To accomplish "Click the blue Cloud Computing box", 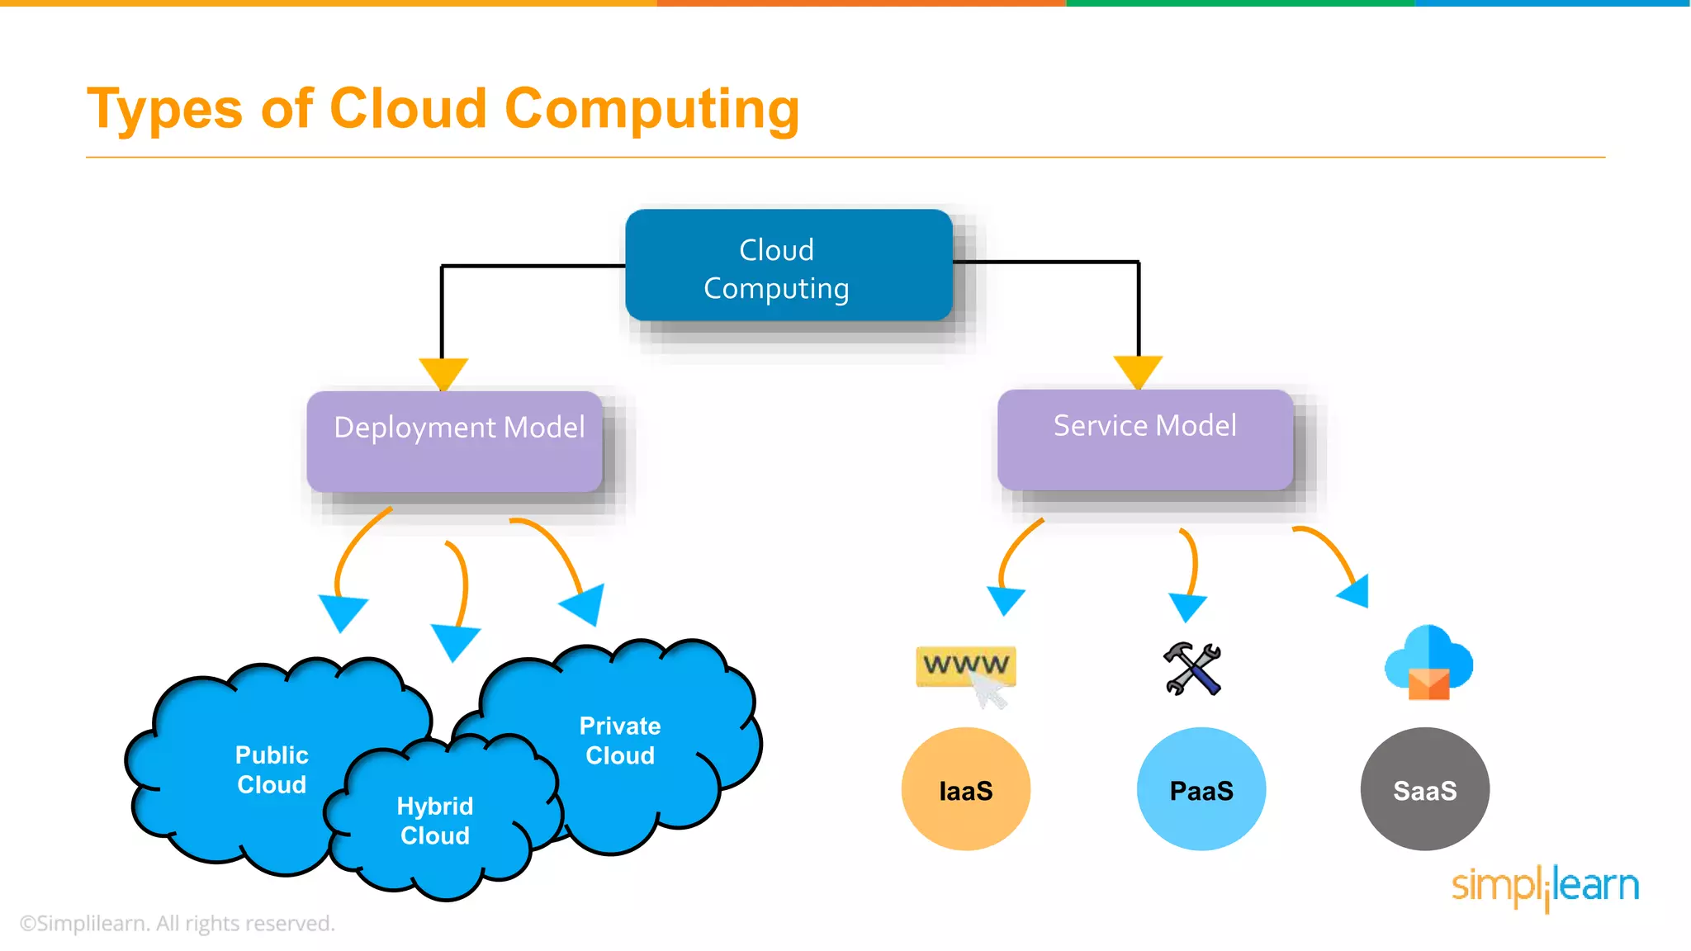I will tap(789, 266).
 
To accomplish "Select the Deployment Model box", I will tap(455, 442).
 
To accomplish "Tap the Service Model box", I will tap(1144, 440).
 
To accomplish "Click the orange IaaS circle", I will tap(965, 789).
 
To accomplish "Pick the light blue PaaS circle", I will tap(1201, 789).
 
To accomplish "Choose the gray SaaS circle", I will tap(1424, 789).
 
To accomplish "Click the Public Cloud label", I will tap(272, 769).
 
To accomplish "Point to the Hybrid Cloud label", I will tap(434, 821).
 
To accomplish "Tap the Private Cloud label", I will tap(619, 740).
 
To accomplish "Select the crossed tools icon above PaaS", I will tap(1192, 669).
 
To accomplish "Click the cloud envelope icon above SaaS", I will tap(1428, 663).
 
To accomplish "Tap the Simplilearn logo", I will tap(1545, 887).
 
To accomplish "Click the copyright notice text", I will tap(178, 923).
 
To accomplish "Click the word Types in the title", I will tap(165, 109).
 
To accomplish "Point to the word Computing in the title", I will tap(651, 109).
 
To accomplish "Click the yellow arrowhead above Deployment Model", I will tap(443, 372).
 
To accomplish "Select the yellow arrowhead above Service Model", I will tap(1138, 371).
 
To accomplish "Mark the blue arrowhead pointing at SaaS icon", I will tap(1356, 591).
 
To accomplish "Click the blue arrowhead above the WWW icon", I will tap(1006, 600).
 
